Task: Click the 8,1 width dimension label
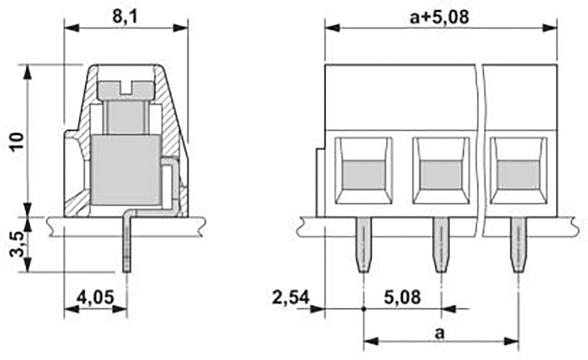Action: pyautogui.click(x=125, y=17)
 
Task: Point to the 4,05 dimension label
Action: pyautogui.click(x=95, y=297)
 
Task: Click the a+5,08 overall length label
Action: pyautogui.click(x=440, y=17)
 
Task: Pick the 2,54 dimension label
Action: pyautogui.click(x=291, y=298)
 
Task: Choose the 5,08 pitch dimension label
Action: pyautogui.click(x=402, y=297)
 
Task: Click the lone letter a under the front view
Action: pyautogui.click(x=440, y=334)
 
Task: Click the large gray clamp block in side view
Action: pyautogui.click(x=126, y=170)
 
